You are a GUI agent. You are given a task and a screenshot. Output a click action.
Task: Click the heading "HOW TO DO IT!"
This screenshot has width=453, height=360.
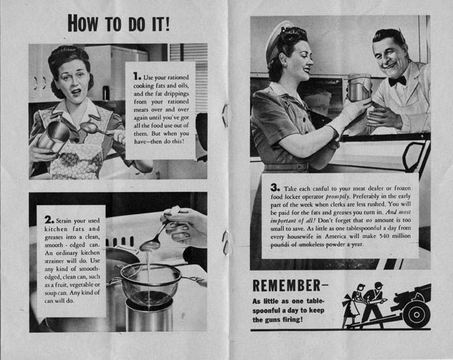tap(119, 23)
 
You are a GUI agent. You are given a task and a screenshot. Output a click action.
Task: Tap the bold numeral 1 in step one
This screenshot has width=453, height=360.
tap(136, 76)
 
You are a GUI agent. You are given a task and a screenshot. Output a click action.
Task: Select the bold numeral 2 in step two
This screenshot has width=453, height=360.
tap(48, 220)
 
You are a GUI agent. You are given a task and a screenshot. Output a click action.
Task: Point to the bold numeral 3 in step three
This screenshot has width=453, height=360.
tap(274, 187)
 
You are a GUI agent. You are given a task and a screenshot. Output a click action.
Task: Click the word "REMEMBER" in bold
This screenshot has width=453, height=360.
tap(287, 286)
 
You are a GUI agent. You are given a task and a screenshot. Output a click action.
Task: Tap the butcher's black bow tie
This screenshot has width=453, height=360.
tap(397, 82)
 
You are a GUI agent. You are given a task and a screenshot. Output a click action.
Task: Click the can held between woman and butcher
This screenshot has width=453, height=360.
tap(359, 87)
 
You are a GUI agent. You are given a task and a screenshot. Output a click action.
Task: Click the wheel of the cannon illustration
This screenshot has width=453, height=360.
tap(416, 314)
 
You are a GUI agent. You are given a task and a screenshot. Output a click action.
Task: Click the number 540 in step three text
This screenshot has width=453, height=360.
tap(384, 236)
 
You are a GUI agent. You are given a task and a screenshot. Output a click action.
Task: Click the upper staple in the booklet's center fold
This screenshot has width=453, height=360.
tap(226, 115)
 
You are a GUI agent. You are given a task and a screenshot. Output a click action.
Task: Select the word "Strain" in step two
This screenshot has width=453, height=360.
tap(63, 220)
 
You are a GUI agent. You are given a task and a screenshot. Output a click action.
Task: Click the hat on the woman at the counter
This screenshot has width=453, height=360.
tap(275, 40)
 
